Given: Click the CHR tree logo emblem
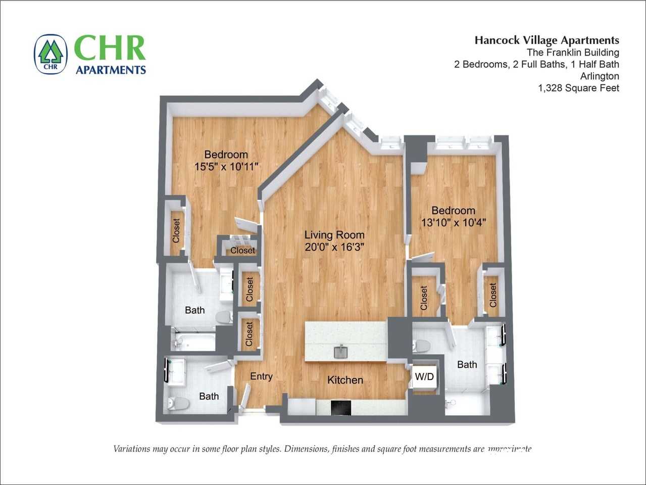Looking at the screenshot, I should pyautogui.click(x=51, y=54).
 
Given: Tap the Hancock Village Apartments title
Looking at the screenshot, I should pyautogui.click(x=546, y=40).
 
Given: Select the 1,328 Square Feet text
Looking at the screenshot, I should pyautogui.click(x=578, y=88).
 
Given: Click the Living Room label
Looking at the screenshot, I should pyautogui.click(x=334, y=235).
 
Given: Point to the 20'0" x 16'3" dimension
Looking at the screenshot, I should pyautogui.click(x=334, y=247).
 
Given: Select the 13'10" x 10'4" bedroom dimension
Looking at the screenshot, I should pyautogui.click(x=453, y=222).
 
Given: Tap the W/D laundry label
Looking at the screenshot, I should pyautogui.click(x=424, y=377).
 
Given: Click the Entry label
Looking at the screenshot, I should pyautogui.click(x=261, y=376).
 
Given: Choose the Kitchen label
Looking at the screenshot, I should pyautogui.click(x=345, y=380).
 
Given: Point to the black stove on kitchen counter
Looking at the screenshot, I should pyautogui.click(x=341, y=407).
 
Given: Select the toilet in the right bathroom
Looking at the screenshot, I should pyautogui.click(x=421, y=346).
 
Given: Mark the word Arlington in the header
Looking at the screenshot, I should pyautogui.click(x=600, y=76).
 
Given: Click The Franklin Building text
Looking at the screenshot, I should pyautogui.click(x=573, y=53).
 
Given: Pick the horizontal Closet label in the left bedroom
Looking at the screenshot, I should pyautogui.click(x=242, y=251).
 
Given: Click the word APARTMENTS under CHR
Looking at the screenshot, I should pyautogui.click(x=111, y=70).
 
